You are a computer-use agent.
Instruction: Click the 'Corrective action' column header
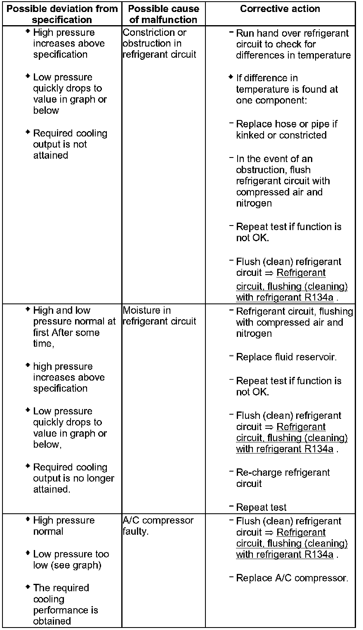pyautogui.click(x=280, y=9)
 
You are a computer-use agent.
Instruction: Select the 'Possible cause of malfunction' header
pyautogui.click(x=163, y=14)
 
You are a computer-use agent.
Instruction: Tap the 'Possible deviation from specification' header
pyautogui.click(x=62, y=14)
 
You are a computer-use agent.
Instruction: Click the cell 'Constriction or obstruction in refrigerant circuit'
pyautogui.click(x=159, y=43)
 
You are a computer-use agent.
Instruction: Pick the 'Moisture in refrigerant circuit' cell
pyautogui.click(x=159, y=316)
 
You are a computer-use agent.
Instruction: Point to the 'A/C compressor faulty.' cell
pyautogui.click(x=158, y=526)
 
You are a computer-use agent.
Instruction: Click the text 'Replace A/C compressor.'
pyautogui.click(x=292, y=578)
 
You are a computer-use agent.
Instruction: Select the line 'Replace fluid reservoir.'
pyautogui.click(x=286, y=357)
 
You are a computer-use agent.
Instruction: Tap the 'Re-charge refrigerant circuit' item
pyautogui.click(x=283, y=478)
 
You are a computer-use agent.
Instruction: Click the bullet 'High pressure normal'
pyautogui.click(x=64, y=526)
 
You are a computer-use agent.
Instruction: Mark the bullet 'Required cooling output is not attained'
pyautogui.click(x=70, y=144)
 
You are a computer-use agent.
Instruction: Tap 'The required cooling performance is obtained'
pyautogui.click(x=65, y=604)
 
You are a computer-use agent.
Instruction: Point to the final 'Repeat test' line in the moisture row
pyautogui.click(x=261, y=507)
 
